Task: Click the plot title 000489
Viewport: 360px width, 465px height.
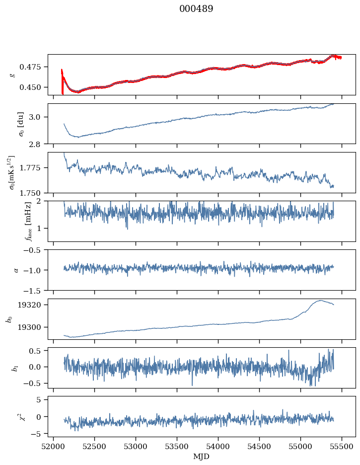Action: click(196, 9)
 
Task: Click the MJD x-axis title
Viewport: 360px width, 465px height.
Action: click(201, 457)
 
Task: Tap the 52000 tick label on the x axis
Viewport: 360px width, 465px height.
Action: click(53, 447)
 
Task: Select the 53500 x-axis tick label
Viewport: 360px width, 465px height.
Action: click(177, 447)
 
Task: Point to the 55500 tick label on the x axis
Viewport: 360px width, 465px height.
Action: click(342, 447)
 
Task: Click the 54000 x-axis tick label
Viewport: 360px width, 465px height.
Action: click(218, 447)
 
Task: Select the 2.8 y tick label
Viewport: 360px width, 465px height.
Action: click(34, 144)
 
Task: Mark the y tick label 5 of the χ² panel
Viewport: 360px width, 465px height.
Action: click(38, 400)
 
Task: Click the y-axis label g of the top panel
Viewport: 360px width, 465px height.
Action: click(12, 75)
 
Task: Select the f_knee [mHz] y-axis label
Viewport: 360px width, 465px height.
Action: click(28, 221)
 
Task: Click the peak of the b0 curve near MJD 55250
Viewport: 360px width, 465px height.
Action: click(321, 301)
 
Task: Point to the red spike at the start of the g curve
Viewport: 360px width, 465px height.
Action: click(62, 82)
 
